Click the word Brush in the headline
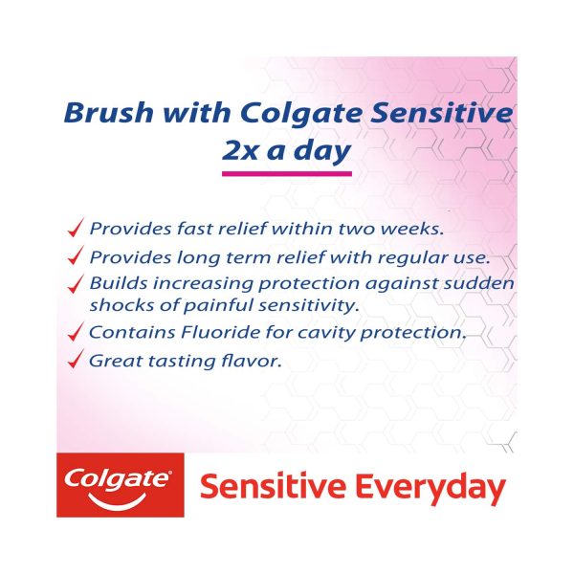109,112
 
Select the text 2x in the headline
240,150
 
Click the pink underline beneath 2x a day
287,173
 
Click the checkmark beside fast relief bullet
77,227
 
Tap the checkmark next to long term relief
77,255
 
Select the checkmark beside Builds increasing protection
77,284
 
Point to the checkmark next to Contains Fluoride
77,331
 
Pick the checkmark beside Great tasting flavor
77,359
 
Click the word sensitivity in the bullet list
308,305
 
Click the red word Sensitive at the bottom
273,486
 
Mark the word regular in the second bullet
415,257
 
